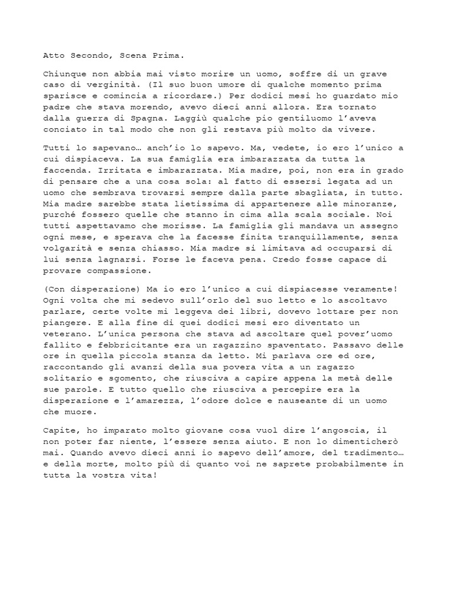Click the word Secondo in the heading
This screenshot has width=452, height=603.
point(90,56)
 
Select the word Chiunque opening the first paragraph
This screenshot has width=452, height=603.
point(63,74)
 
